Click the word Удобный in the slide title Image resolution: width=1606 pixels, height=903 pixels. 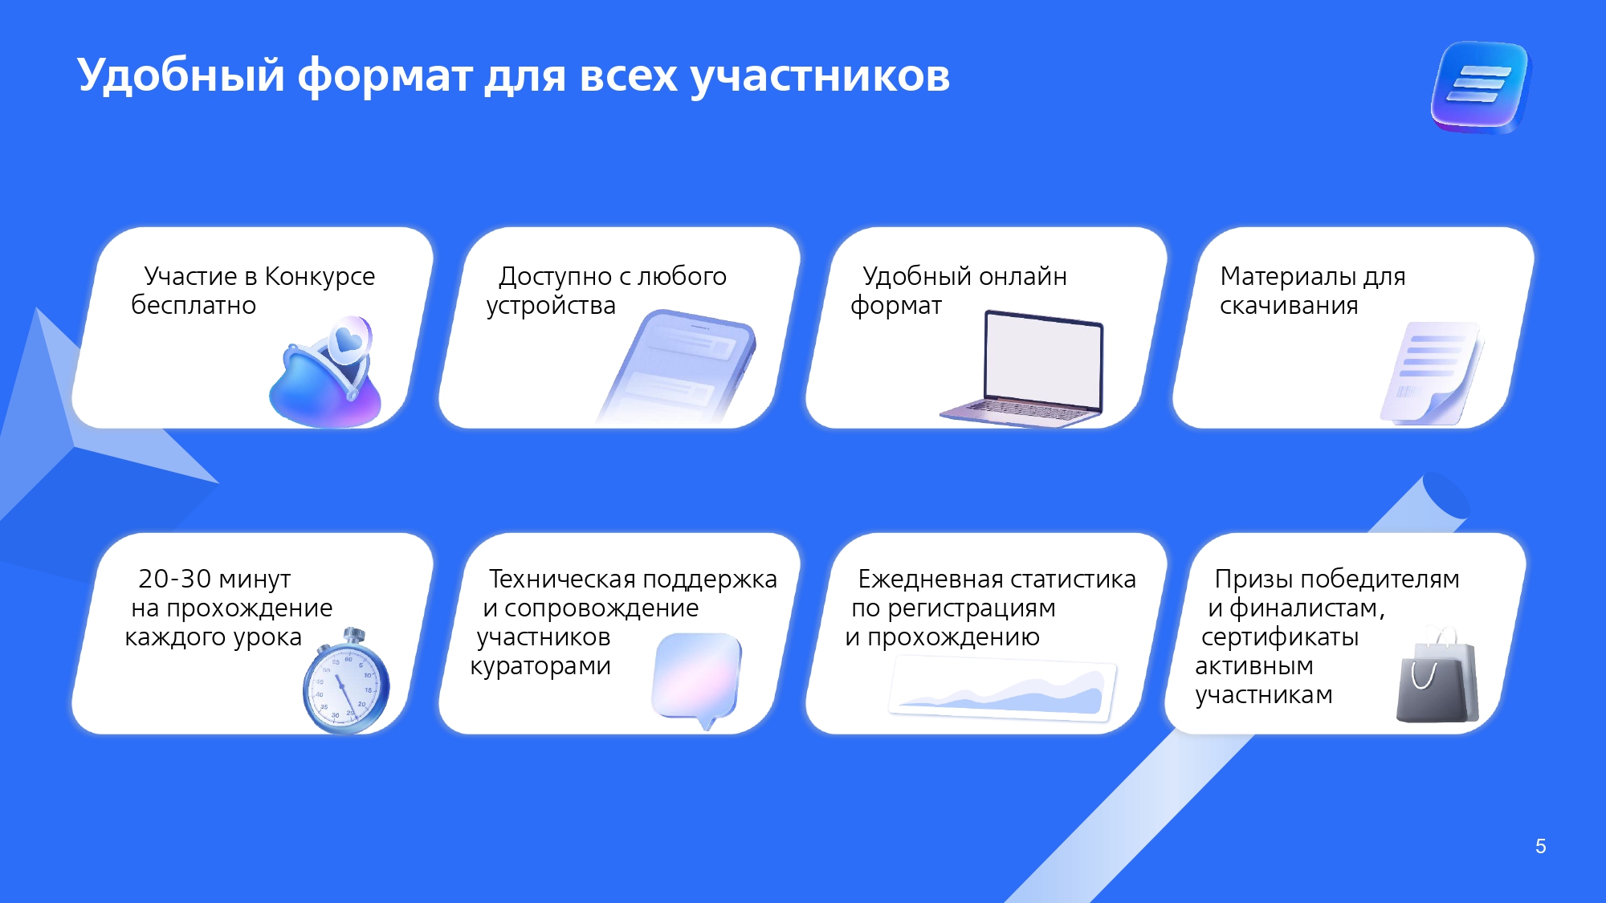[181, 76]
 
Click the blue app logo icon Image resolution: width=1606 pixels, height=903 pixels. [1481, 87]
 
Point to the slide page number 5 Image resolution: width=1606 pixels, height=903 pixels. [1540, 846]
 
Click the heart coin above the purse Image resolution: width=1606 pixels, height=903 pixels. [349, 341]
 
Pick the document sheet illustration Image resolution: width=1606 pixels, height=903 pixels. [1431, 373]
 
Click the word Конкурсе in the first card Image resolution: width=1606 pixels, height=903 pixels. [320, 276]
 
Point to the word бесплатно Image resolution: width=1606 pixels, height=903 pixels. [194, 306]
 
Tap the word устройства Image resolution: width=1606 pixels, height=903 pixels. [551, 306]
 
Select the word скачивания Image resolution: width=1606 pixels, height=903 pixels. [1289, 306]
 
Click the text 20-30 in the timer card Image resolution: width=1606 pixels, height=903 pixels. [174, 579]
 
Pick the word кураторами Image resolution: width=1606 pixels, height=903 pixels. [540, 666]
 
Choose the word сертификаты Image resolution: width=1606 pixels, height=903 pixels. [1280, 637]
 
